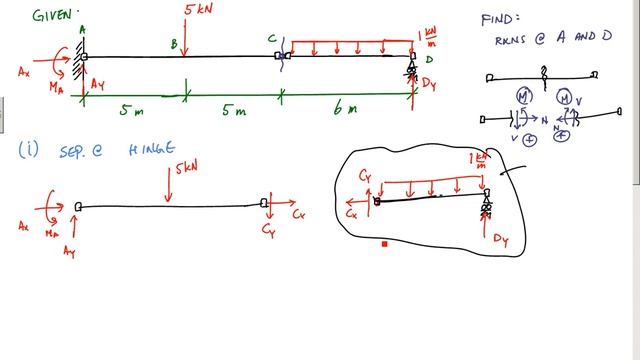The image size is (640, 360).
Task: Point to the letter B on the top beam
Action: pyautogui.click(x=173, y=44)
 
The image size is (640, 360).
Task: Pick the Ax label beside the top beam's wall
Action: pyautogui.click(x=27, y=72)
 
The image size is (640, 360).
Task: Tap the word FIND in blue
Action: pyautogui.click(x=500, y=18)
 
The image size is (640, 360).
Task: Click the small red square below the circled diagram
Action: pyautogui.click(x=384, y=243)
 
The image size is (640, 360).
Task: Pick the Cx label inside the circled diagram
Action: pyautogui.click(x=351, y=213)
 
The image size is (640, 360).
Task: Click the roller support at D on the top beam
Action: pyautogui.click(x=412, y=70)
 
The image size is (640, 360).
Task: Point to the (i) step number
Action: pyautogui.click(x=29, y=149)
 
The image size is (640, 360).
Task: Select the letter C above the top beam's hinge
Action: pyautogui.click(x=271, y=39)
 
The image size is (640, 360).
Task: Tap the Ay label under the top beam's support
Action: pyautogui.click(x=97, y=86)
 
